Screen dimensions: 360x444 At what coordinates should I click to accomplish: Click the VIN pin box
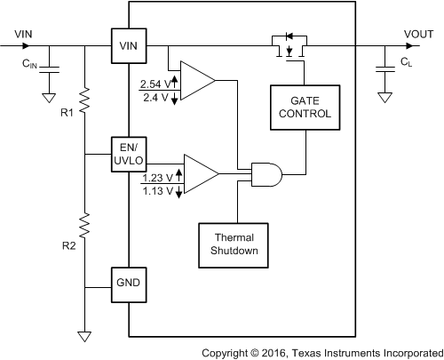tap(129, 44)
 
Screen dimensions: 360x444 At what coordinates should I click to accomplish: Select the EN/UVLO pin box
tap(129, 153)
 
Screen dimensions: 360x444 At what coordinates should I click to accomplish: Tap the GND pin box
tap(129, 286)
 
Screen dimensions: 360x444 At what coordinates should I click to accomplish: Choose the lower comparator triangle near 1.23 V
tap(201, 172)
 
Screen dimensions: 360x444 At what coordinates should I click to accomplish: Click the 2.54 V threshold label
tap(154, 84)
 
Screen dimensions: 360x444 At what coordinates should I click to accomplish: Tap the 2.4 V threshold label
tap(155, 97)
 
